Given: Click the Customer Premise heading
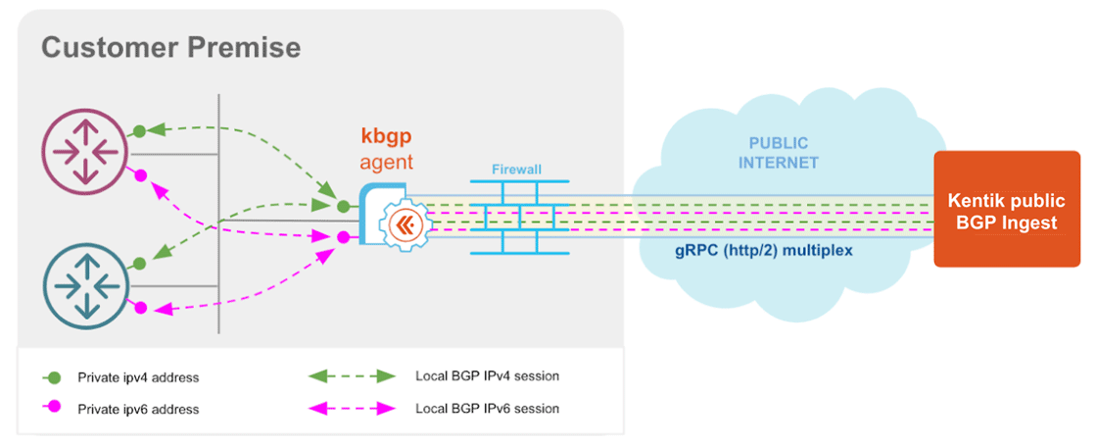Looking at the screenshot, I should pyautogui.click(x=170, y=47).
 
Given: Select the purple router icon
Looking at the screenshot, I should pyautogui.click(x=79, y=150).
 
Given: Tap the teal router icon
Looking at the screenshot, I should pyautogui.click(x=79, y=285).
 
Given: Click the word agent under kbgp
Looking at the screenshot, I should pyautogui.click(x=387, y=162).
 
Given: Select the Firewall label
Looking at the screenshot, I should pyautogui.click(x=516, y=170).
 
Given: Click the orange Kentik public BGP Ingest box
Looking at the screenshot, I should pyautogui.click(x=1006, y=209).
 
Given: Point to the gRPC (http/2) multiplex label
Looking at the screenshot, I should pyautogui.click(x=765, y=250).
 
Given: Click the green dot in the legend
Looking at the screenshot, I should pyautogui.click(x=55, y=377).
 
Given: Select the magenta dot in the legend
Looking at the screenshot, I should pyautogui.click(x=55, y=409).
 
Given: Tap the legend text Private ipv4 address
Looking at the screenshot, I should pyautogui.click(x=137, y=377).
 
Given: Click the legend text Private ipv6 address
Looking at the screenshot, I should pyautogui.click(x=137, y=409).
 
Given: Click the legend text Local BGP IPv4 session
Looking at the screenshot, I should pyautogui.click(x=487, y=376).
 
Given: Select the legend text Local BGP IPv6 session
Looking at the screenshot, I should pyautogui.click(x=487, y=408).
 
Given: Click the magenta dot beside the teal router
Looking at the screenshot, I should pyautogui.click(x=140, y=308).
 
